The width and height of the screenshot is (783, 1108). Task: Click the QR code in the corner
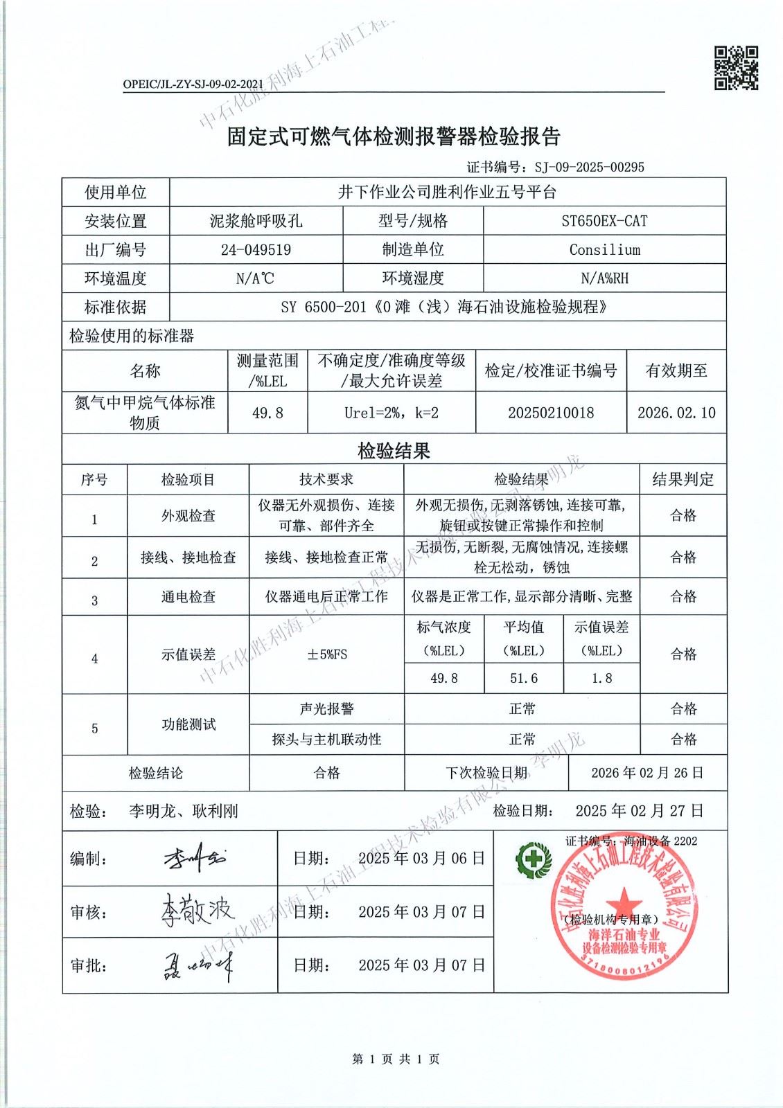tap(736, 68)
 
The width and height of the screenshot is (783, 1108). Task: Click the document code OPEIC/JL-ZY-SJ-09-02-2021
tap(193, 84)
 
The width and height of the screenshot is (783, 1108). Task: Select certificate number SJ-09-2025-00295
tap(589, 167)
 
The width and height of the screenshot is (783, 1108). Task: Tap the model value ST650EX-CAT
tap(604, 221)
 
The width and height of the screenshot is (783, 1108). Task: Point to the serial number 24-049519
tap(256, 250)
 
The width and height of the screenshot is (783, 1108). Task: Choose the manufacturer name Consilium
tap(604, 250)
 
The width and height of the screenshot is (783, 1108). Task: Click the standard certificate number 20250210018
tap(551, 413)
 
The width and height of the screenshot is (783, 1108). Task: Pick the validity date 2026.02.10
tap(676, 413)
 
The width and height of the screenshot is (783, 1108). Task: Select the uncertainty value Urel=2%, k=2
tap(391, 413)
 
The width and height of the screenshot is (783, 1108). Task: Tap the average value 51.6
tap(524, 678)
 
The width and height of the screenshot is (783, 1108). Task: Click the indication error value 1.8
tap(601, 678)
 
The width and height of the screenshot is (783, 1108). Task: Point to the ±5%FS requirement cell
tap(326, 654)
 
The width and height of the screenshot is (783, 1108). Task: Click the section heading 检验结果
tap(394, 452)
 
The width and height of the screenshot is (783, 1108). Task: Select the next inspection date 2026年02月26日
tap(647, 773)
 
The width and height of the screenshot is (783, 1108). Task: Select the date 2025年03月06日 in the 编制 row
tap(421, 859)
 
